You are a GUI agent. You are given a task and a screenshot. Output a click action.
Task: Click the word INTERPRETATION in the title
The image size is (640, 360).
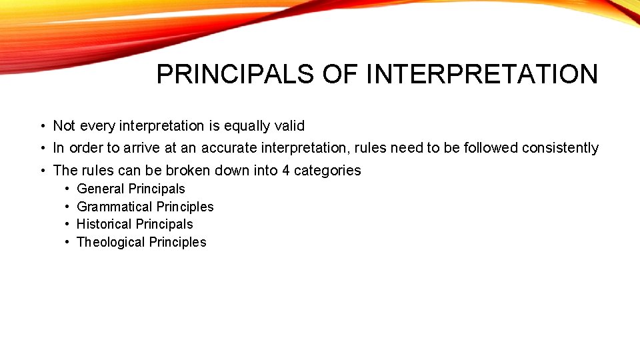click(482, 74)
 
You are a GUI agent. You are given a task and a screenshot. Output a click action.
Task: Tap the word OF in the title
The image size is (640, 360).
click(341, 74)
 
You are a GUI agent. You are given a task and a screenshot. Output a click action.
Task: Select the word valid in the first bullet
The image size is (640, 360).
click(289, 126)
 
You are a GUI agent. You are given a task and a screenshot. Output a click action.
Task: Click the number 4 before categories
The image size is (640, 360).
click(285, 171)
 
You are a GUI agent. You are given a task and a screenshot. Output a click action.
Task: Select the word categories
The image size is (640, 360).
click(327, 171)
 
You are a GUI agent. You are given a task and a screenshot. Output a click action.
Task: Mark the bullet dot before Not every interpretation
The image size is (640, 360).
click(42, 127)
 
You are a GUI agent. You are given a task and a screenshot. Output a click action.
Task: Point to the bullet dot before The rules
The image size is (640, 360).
click(42, 171)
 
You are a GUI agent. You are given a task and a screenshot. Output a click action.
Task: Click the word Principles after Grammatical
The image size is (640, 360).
click(184, 207)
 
